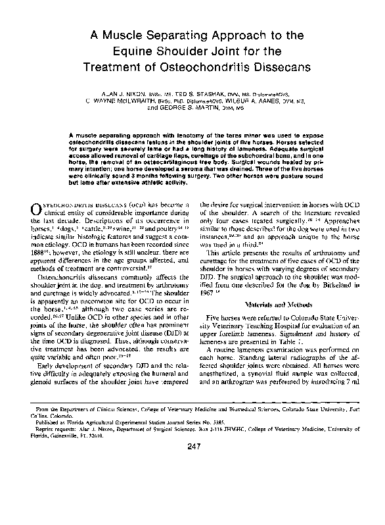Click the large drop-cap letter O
click(x=36, y=209)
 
